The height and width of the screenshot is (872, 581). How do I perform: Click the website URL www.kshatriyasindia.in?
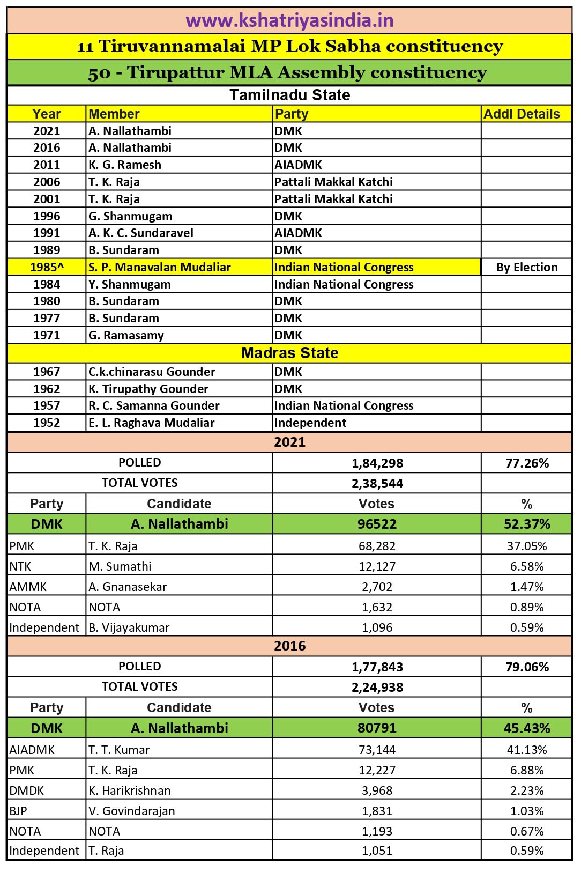pyautogui.click(x=289, y=20)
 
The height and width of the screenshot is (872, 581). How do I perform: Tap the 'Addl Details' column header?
pyautogui.click(x=522, y=114)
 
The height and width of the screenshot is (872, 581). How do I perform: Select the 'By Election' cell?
pyautogui.click(x=526, y=267)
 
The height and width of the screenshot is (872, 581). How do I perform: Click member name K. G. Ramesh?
pyautogui.click(x=125, y=165)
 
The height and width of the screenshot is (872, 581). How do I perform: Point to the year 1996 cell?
pyautogui.click(x=47, y=216)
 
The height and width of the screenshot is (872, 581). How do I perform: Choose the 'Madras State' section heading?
pyautogui.click(x=289, y=353)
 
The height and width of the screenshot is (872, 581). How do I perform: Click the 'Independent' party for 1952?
pyautogui.click(x=310, y=423)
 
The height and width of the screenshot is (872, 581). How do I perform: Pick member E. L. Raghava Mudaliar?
pyautogui.click(x=152, y=423)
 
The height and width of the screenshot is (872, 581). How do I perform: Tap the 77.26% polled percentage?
pyautogui.click(x=526, y=463)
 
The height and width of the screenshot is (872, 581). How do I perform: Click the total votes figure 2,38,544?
pyautogui.click(x=377, y=484)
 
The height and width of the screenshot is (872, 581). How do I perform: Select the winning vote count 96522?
pyautogui.click(x=377, y=524)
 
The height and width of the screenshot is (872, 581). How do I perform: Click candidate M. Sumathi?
pyautogui.click(x=120, y=566)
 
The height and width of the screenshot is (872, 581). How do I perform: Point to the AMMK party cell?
pyautogui.click(x=28, y=587)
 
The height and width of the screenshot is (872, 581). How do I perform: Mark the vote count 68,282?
pyautogui.click(x=378, y=546)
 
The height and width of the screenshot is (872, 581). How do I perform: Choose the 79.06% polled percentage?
pyautogui.click(x=526, y=667)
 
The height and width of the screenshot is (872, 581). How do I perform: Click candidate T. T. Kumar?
pyautogui.click(x=119, y=750)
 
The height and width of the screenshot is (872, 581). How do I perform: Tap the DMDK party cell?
pyautogui.click(x=27, y=790)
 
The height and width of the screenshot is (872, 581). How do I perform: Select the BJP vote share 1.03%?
pyautogui.click(x=526, y=811)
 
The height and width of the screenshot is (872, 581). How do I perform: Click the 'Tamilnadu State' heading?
pyautogui.click(x=289, y=95)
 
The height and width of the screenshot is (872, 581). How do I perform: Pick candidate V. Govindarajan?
pyautogui.click(x=132, y=811)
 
